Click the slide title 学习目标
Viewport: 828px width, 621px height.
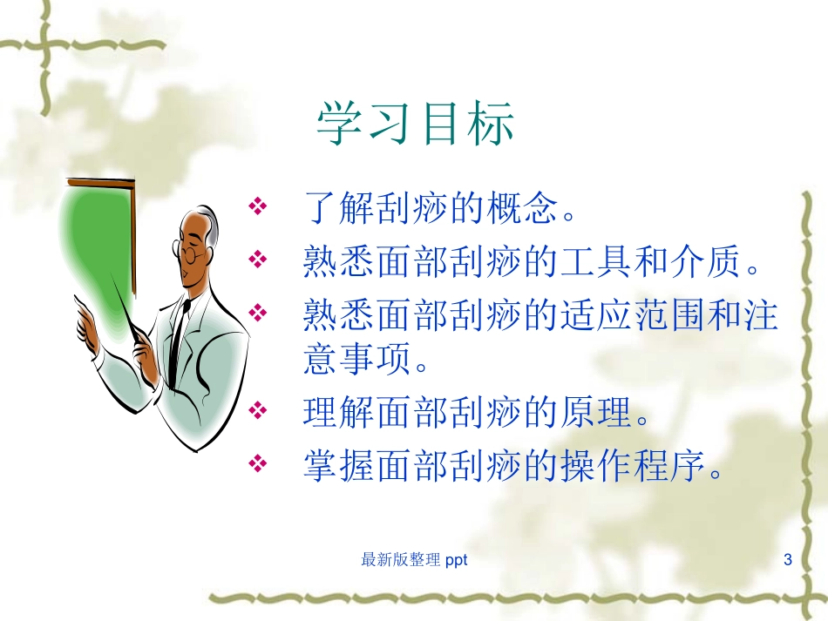[415, 124]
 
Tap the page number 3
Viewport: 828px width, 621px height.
[788, 560]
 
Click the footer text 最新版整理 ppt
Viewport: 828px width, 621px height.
[414, 560]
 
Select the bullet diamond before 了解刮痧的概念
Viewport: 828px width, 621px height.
[257, 208]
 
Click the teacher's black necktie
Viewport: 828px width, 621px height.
[178, 340]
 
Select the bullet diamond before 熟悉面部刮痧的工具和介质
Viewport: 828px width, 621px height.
[257, 259]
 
